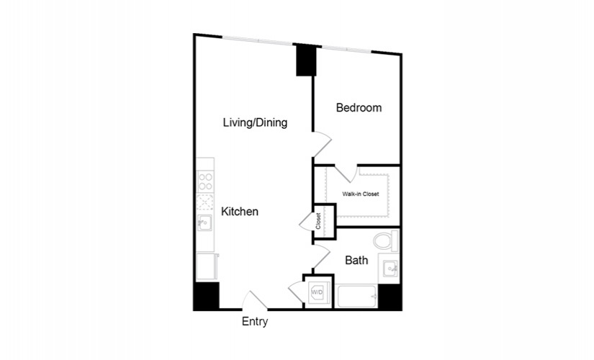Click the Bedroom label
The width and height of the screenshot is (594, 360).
point(359,107)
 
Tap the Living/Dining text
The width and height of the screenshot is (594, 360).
point(255,122)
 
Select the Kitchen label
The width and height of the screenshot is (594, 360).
point(240,212)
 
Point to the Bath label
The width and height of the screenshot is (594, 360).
point(356,261)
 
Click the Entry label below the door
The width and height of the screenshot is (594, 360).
point(255,321)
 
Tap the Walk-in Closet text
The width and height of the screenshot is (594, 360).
point(360,194)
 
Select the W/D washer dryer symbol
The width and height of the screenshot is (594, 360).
point(317,292)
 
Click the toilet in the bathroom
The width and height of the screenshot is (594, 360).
point(386,240)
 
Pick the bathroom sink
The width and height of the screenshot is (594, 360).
point(390,269)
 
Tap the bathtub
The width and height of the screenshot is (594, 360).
point(356,297)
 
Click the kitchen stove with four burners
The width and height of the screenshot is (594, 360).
point(205,181)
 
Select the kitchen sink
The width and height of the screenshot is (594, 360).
point(204,222)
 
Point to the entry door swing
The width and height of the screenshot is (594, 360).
point(255,300)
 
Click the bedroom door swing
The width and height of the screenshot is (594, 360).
point(322,143)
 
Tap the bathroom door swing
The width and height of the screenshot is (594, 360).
point(322,256)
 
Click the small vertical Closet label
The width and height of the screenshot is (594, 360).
point(318,221)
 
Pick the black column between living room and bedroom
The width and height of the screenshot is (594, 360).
point(306,60)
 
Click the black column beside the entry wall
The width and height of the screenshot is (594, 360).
point(207,296)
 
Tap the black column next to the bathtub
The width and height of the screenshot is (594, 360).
point(390,297)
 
